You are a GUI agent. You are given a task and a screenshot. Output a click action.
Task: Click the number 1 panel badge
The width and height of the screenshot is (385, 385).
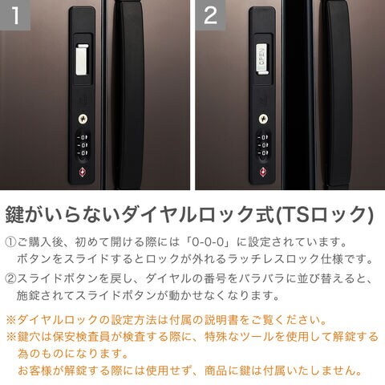click(x=15, y=15)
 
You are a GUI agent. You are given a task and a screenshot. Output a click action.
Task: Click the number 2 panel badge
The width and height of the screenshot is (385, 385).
click(x=210, y=15)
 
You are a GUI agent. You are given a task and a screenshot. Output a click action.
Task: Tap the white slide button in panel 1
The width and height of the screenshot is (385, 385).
click(x=82, y=60)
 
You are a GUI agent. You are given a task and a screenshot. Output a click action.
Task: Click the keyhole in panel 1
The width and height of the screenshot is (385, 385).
click(x=83, y=119)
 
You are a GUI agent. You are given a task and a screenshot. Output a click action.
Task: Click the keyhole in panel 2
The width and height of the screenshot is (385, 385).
click(x=264, y=119)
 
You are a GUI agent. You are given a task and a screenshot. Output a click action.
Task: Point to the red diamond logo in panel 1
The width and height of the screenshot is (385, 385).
click(x=83, y=172)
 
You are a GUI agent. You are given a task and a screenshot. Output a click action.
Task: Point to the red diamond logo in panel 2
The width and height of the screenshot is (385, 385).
click(x=263, y=172)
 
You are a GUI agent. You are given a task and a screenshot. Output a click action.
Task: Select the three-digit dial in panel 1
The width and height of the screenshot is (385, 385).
click(x=83, y=145)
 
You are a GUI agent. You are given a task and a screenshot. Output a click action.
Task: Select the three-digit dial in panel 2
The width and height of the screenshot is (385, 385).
click(x=263, y=145)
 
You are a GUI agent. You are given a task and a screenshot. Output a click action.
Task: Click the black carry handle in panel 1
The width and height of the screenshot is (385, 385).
click(x=129, y=95)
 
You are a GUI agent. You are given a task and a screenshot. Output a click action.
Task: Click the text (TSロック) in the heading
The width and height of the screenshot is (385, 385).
click(x=324, y=215)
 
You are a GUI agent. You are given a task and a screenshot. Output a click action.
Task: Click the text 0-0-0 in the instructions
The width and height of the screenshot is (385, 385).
click(x=208, y=242)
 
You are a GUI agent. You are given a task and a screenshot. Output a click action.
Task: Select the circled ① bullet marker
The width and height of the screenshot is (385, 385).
click(x=10, y=242)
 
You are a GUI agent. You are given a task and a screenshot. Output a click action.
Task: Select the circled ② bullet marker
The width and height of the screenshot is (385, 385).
click(x=10, y=279)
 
